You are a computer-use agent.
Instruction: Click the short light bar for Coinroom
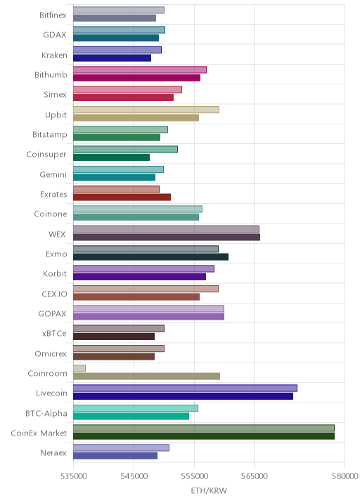[79, 368]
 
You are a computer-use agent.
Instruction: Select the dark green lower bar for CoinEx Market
[204, 436]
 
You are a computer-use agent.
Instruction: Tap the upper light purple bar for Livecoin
[186, 388]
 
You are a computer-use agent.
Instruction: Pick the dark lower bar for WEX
[167, 237]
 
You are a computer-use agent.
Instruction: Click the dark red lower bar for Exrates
[122, 197]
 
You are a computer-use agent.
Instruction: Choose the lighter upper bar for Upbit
[146, 110]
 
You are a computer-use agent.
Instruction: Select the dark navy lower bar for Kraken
[112, 58]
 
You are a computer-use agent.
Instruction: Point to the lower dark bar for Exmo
[151, 257]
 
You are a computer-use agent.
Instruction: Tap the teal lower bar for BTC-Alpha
[131, 416]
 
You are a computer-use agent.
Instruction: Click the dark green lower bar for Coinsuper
[111, 157]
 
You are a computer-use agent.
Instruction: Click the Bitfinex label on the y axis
[53, 15]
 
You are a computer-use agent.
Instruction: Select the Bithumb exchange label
[51, 74]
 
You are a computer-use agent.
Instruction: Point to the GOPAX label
[52, 313]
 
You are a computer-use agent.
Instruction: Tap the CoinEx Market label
[39, 433]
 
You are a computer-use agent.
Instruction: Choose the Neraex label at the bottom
[53, 452]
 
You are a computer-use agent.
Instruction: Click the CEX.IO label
[55, 294]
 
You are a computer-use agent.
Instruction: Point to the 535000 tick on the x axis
[74, 476]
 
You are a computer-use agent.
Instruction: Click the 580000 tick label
[345, 476]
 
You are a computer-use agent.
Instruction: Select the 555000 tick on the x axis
[194, 476]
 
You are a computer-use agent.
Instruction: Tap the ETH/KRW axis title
[209, 491]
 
